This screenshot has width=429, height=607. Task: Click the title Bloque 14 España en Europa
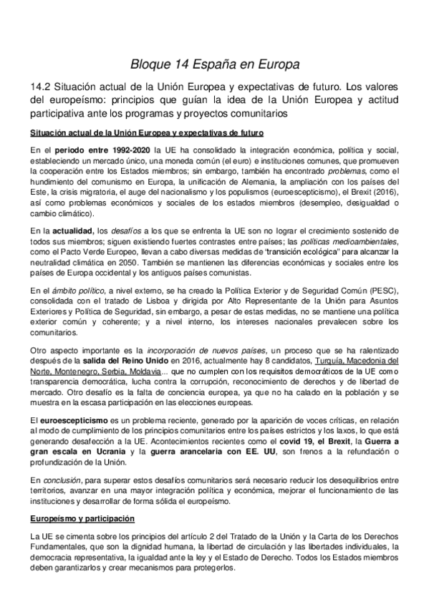pyautogui.click(x=215, y=64)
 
